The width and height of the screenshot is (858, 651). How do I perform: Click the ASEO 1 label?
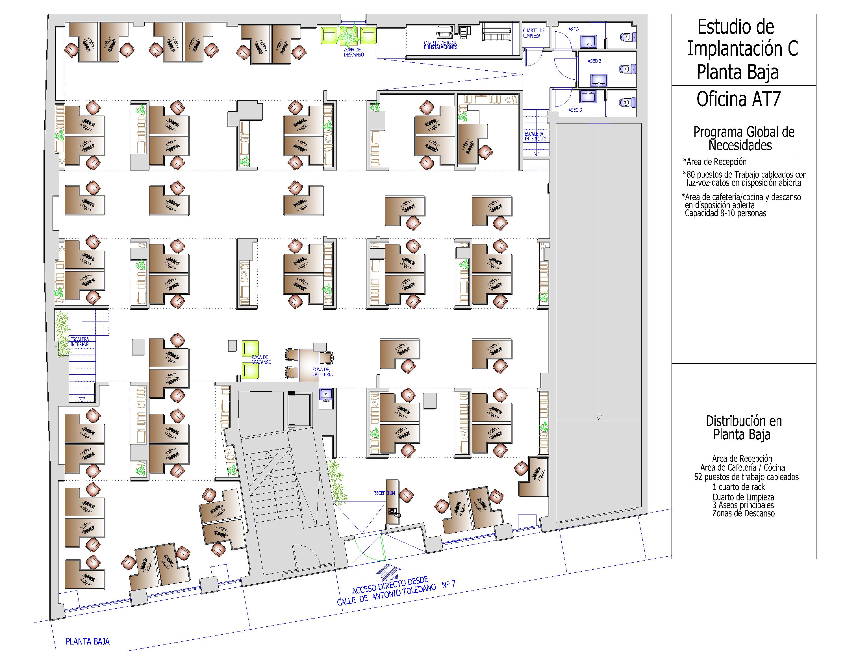click(x=575, y=29)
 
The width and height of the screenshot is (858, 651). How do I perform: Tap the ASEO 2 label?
click(x=594, y=61)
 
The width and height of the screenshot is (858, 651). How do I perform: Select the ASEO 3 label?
click(x=575, y=110)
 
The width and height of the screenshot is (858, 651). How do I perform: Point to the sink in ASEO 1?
click(x=588, y=41)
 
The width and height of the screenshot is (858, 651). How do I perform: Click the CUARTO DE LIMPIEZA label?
click(x=534, y=33)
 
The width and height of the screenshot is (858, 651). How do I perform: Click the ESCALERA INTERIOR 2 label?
click(x=535, y=136)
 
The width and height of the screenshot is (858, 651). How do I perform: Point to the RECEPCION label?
click(x=384, y=493)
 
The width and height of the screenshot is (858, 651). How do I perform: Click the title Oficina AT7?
click(x=738, y=99)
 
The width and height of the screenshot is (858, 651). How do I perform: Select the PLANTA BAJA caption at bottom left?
click(x=88, y=641)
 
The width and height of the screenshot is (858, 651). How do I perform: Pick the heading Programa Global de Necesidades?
click(x=744, y=138)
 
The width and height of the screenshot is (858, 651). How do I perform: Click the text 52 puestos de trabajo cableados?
click(x=746, y=477)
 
